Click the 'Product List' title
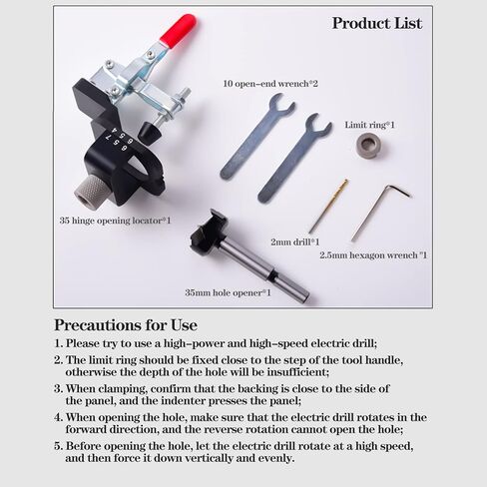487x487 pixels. pyautogui.click(x=376, y=23)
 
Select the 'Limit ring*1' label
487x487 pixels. pyautogui.click(x=370, y=125)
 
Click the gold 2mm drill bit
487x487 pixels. pyautogui.click(x=328, y=206)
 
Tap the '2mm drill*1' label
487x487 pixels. pyautogui.click(x=294, y=242)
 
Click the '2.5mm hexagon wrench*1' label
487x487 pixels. pyautogui.click(x=373, y=255)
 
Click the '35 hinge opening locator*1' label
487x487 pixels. pyautogui.click(x=115, y=219)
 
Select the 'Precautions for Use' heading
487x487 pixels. pyautogui.click(x=125, y=325)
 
